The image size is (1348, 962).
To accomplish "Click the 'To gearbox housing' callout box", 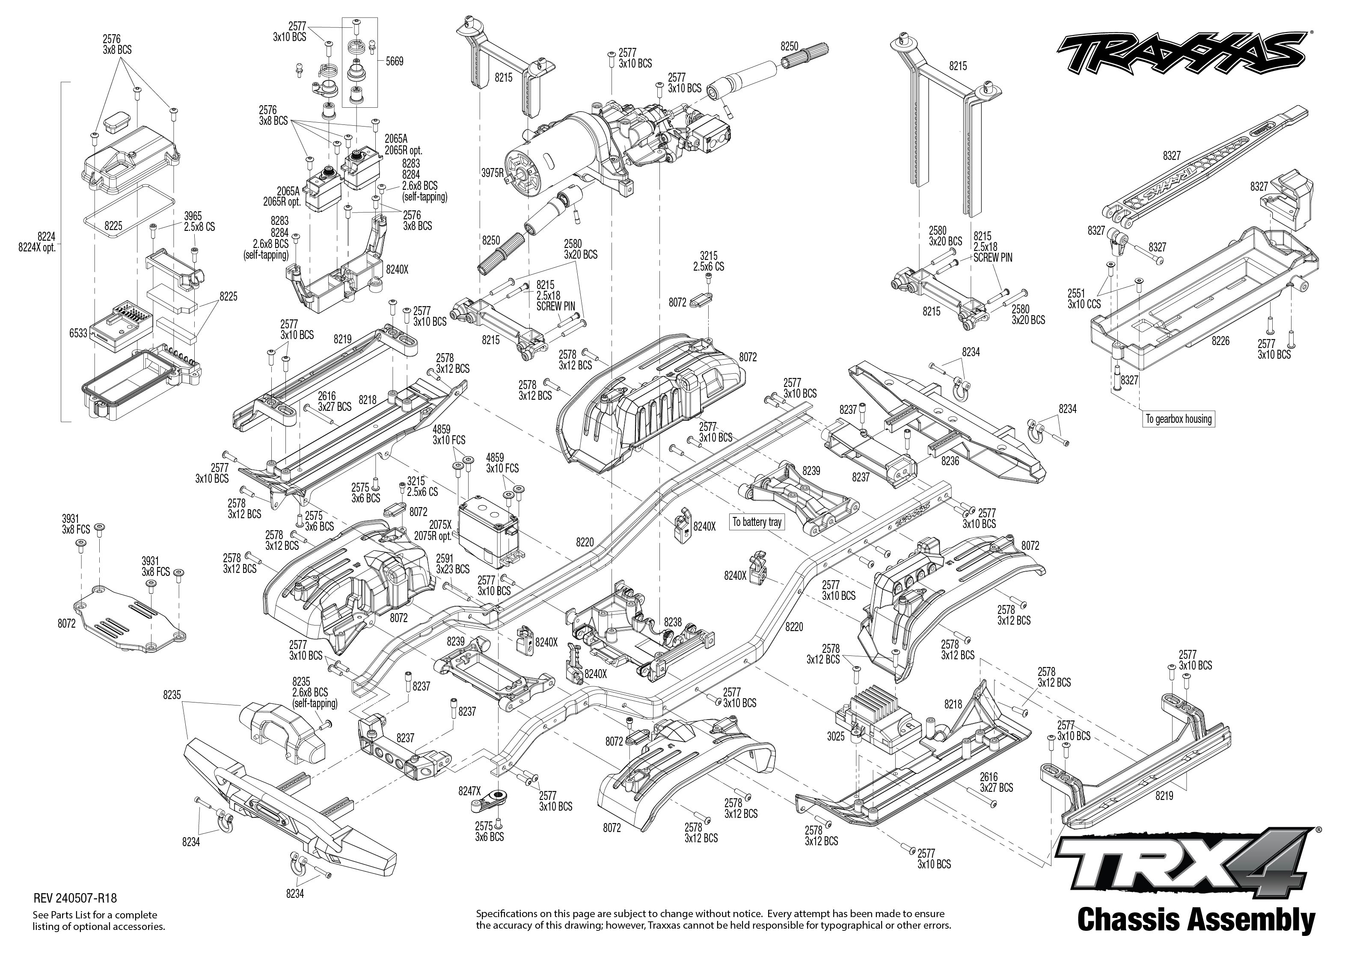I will tap(1178, 419).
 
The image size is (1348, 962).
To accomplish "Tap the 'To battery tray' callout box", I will tap(757, 522).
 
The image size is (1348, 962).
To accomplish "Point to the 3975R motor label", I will tap(492, 173).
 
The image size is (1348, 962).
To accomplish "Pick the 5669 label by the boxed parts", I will tap(394, 61).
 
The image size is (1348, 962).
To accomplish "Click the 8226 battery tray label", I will tap(1220, 341).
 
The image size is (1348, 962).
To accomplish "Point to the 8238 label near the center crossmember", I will tap(673, 622).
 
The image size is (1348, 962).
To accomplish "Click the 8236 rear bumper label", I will tap(950, 461).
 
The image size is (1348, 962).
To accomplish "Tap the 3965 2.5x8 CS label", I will tap(199, 221).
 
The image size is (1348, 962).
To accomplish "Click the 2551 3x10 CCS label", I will tap(1084, 298).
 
